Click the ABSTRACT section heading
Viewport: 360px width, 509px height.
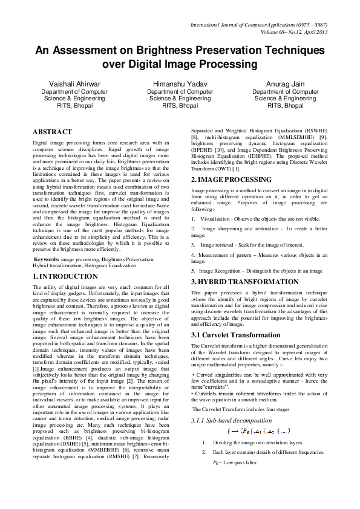click(x=52, y=131)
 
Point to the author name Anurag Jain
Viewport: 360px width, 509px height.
click(x=285, y=83)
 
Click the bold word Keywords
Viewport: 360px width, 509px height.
click(x=47, y=259)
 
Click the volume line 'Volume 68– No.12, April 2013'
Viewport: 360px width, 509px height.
click(x=289, y=31)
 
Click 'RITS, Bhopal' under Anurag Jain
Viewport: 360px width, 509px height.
click(x=285, y=105)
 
